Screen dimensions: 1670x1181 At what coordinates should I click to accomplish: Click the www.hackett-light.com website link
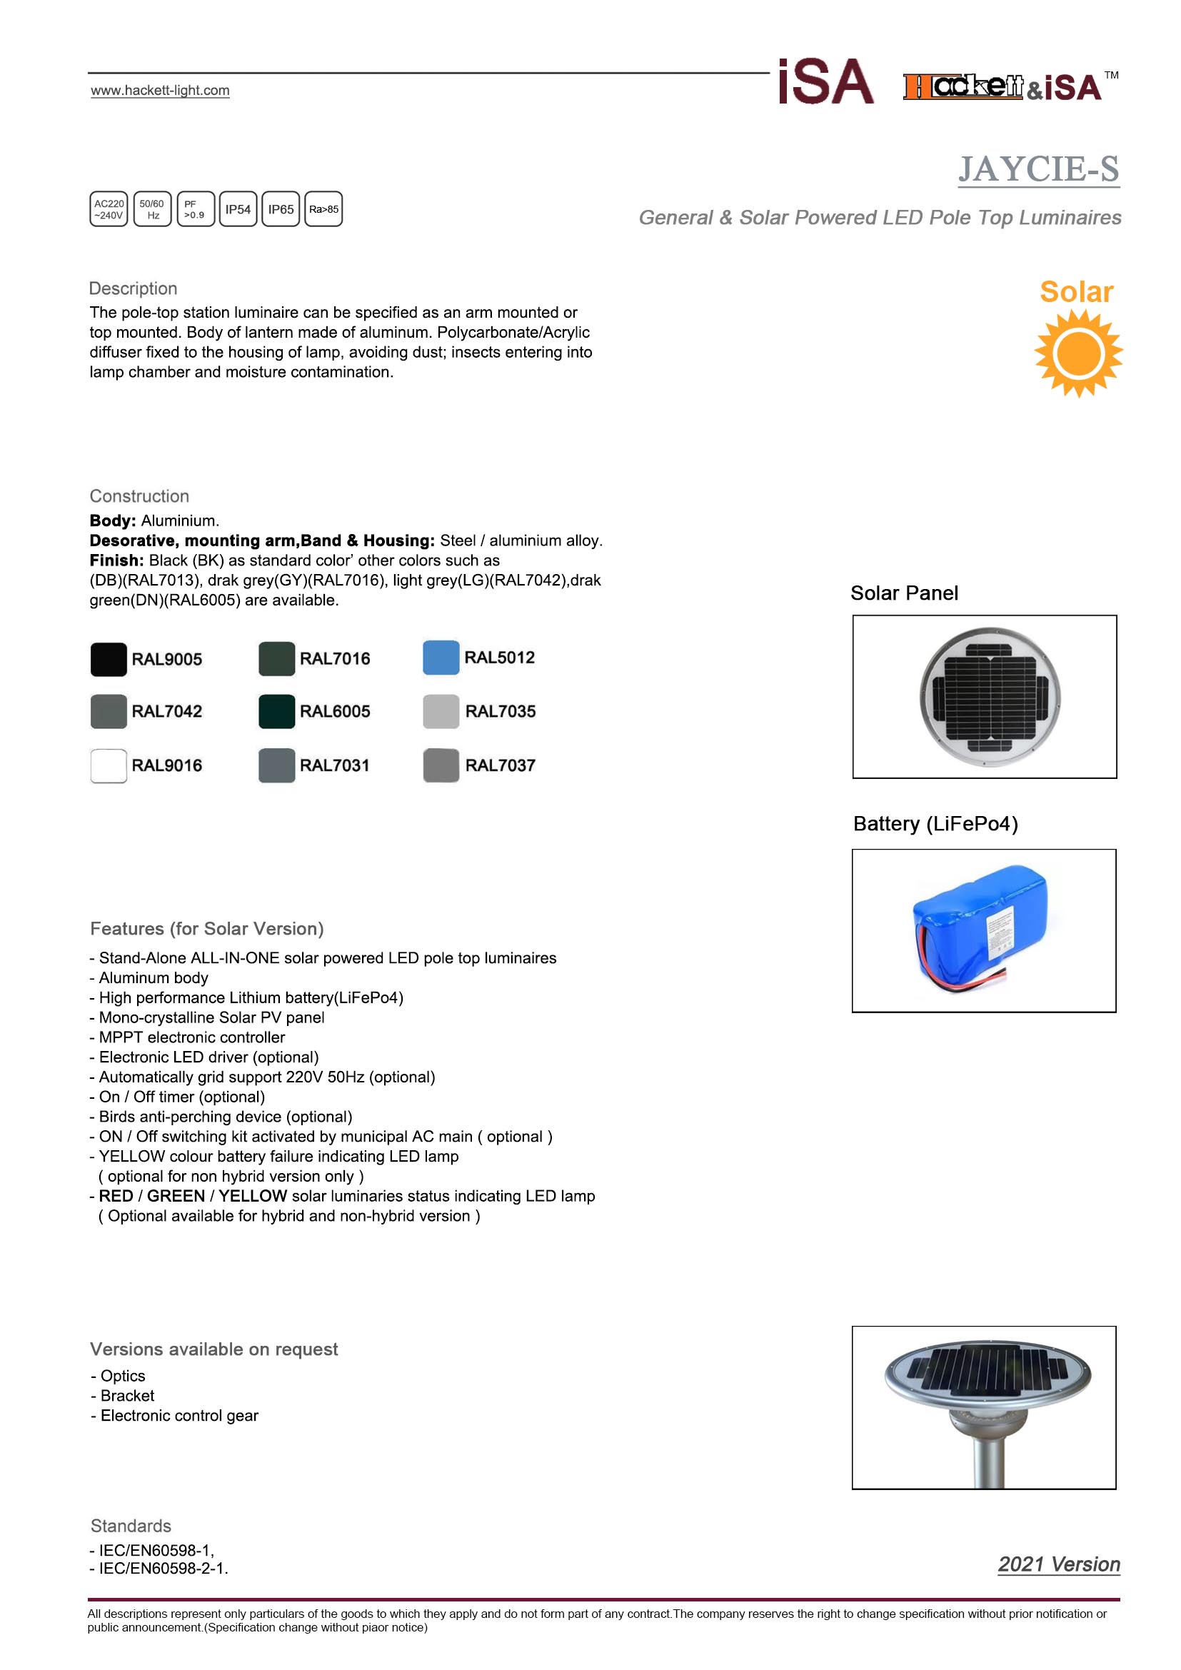tap(160, 90)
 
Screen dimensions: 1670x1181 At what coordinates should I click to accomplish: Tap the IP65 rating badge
tap(281, 209)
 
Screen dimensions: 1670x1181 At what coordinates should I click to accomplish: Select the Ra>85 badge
tap(323, 209)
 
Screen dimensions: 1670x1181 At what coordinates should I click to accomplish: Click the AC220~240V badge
tap(109, 209)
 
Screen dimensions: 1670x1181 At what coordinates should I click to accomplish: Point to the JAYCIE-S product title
tap(1037, 169)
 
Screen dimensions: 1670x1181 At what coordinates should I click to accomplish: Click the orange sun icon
tap(1078, 353)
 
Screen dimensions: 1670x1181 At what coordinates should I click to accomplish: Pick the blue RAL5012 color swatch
tap(441, 658)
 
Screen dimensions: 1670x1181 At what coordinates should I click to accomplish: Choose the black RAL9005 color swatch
tap(109, 660)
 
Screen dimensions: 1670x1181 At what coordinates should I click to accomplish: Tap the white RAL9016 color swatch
tap(109, 765)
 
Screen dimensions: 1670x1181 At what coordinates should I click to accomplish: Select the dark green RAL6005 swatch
tap(277, 711)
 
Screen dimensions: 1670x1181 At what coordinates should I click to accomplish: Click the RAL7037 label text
tap(501, 765)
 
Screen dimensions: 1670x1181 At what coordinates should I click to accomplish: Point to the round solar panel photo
tap(990, 697)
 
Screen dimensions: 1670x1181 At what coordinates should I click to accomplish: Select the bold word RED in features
tap(116, 1196)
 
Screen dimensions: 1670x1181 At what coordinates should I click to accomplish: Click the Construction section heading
tap(139, 496)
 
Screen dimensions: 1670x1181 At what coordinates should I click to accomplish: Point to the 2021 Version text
tap(1058, 1564)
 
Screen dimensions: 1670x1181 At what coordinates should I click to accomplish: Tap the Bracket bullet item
tap(127, 1396)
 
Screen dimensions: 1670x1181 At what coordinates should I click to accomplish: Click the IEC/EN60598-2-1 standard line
tap(163, 1569)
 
